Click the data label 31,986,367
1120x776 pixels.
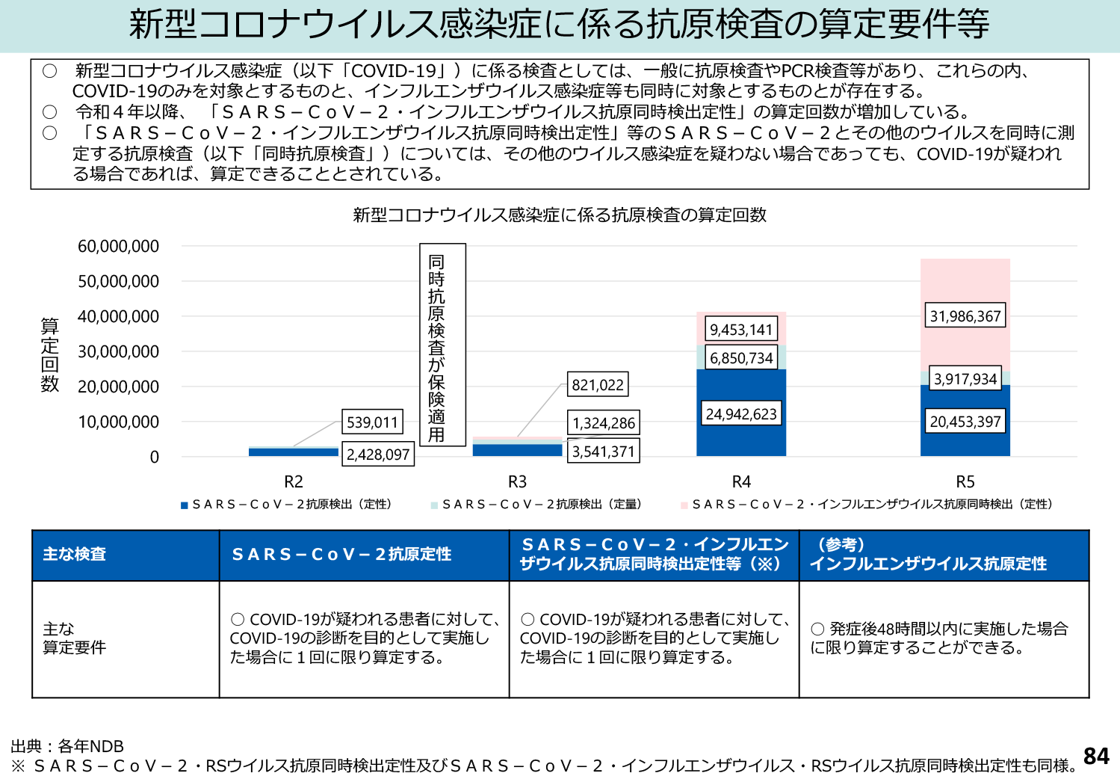965,316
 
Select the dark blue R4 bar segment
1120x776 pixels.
740,441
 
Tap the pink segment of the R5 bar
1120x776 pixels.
965,284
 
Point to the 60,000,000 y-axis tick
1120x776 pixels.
118,247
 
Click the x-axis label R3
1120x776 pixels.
517,482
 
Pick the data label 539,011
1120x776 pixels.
372,422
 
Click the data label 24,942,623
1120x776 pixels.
741,414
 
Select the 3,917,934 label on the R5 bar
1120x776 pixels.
965,379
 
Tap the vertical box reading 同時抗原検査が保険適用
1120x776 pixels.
442,345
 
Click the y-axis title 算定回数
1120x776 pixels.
49,354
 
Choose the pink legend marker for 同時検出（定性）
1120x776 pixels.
684,505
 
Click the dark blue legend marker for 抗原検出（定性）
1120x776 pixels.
184,505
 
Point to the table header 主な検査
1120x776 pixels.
74,554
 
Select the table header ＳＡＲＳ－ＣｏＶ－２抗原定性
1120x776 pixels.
341,554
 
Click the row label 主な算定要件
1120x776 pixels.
74,638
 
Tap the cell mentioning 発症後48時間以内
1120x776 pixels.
939,638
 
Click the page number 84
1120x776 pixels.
1095,756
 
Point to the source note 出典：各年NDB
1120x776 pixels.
67,746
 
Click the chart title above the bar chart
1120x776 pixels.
560,215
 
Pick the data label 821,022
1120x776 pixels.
597,385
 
